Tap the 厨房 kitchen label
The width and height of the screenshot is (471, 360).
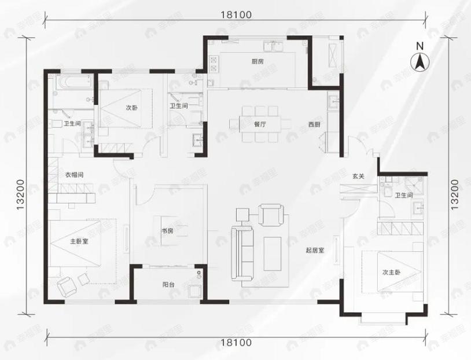257,61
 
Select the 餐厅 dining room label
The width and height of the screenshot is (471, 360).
259,124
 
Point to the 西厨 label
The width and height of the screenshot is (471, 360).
314,124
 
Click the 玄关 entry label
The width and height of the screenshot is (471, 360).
358,177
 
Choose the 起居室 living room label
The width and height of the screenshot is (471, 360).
315,251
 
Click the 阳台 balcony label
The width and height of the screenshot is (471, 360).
168,285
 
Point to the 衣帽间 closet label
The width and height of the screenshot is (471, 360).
75,173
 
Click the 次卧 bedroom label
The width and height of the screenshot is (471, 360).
132,108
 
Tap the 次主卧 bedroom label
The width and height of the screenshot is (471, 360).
391,272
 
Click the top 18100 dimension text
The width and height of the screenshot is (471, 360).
235,16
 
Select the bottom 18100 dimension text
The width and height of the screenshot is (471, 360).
235,343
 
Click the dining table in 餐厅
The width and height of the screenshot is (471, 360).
259,123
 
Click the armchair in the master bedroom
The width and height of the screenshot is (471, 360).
68,284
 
